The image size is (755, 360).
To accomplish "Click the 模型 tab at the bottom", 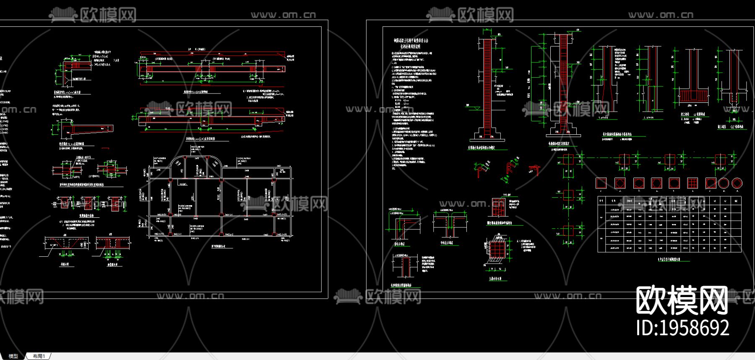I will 13,356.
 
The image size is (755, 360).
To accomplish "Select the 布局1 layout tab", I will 39,356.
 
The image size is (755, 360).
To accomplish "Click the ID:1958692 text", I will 682,328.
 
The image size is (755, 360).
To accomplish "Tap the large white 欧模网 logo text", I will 682,300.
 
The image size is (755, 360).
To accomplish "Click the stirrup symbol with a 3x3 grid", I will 692,183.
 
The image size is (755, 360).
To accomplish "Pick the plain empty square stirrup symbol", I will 601,183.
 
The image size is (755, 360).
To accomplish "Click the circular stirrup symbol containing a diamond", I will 737,183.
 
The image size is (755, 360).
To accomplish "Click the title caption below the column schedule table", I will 669,259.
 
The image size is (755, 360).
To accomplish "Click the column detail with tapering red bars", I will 604,80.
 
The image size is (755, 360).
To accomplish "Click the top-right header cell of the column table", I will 736,201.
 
